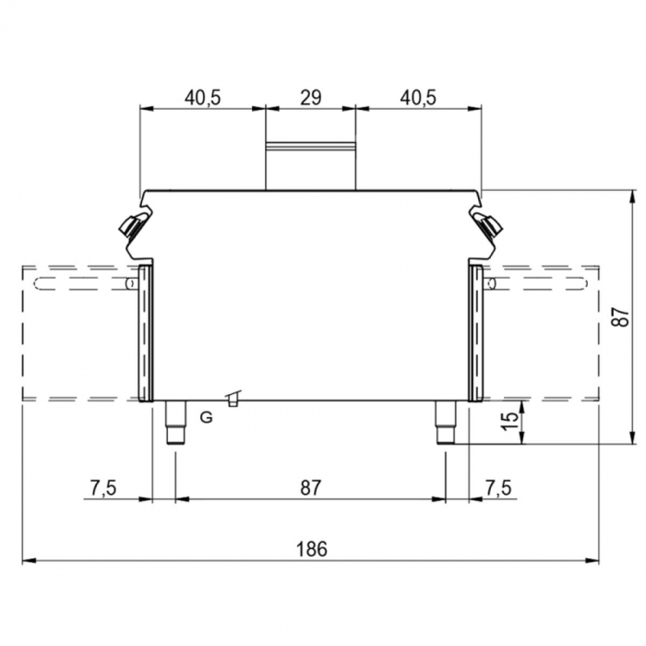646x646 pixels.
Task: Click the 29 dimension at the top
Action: [310, 97]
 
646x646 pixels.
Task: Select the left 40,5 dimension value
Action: [202, 97]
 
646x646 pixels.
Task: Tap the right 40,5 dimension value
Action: [419, 97]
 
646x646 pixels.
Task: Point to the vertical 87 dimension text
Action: [623, 316]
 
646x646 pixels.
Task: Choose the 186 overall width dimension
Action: [311, 548]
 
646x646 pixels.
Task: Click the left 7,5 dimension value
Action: [103, 487]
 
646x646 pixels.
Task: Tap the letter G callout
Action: [206, 417]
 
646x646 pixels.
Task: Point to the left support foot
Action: [173, 425]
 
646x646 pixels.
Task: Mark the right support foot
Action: [446, 425]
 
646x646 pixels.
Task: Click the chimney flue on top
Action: [310, 164]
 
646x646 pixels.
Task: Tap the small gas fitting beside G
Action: [234, 399]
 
